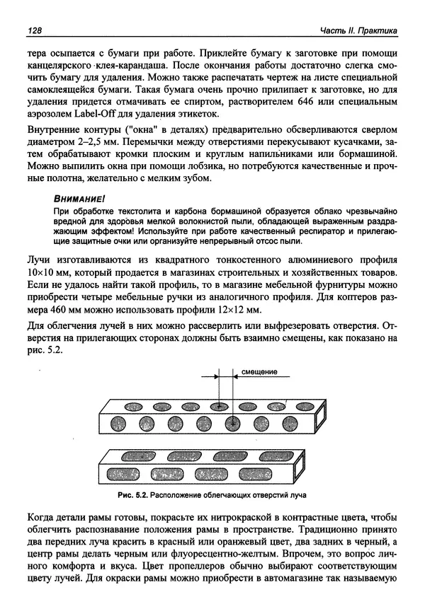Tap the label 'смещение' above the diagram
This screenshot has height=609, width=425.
(259, 372)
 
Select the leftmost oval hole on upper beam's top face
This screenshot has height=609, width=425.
(134, 407)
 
